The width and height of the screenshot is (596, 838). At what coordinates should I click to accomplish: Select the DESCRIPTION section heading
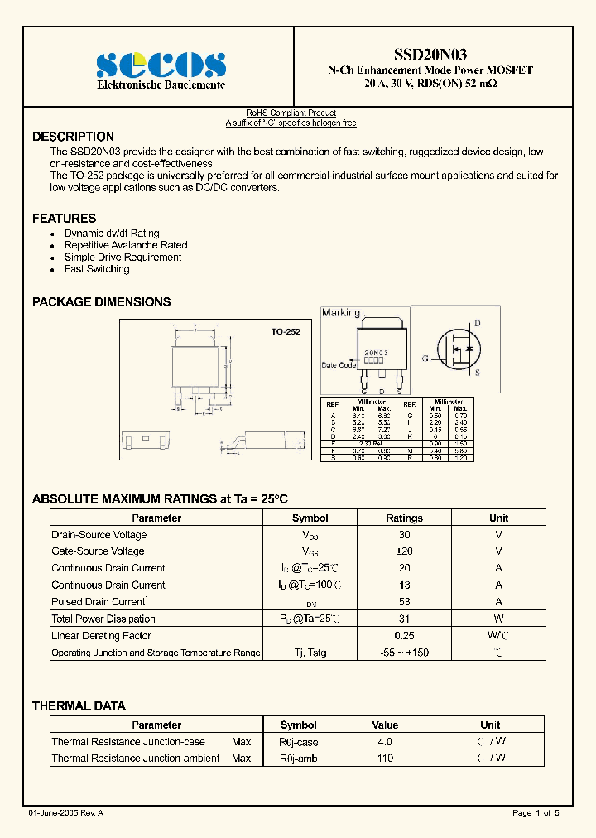pos(73,137)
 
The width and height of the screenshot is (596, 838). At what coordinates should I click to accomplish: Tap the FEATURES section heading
pos(64,219)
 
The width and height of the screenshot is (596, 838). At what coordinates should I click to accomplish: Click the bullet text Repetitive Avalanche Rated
pos(126,245)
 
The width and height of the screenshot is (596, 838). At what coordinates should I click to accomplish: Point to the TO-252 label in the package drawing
pos(286,331)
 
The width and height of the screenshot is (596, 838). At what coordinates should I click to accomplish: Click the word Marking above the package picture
pos(341,312)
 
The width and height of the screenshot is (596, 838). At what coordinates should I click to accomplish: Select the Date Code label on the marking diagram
pos(339,365)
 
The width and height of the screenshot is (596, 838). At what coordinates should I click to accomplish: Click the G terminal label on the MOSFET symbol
pos(425,359)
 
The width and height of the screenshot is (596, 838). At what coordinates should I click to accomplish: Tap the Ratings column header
pos(404,518)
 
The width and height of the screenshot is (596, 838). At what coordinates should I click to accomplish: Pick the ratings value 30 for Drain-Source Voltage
pos(404,535)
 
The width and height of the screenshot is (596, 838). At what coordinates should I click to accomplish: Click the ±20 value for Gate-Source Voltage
pos(404,551)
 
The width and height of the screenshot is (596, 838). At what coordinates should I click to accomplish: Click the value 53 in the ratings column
pos(404,602)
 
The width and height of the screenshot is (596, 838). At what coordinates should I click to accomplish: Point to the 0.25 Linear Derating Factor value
pos(404,636)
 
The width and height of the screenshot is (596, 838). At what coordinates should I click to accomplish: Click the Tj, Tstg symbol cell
pos(310,653)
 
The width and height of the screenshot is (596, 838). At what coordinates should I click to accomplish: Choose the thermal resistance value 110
pos(385,758)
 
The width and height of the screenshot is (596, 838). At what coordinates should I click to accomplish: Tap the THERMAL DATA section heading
pos(79,706)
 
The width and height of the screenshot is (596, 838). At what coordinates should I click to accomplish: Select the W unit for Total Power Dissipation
pos(498,619)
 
